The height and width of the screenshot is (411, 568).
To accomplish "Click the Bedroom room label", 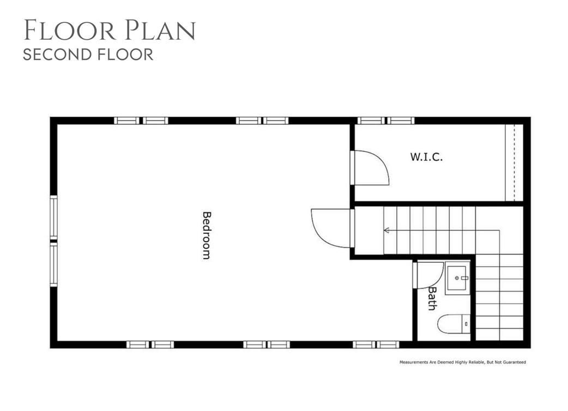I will pyautogui.click(x=206, y=235).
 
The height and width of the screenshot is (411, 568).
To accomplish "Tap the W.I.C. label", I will pyautogui.click(x=426, y=157).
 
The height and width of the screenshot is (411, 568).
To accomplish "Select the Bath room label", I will pyautogui.click(x=431, y=299).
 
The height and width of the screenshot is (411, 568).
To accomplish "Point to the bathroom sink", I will pyautogui.click(x=457, y=278).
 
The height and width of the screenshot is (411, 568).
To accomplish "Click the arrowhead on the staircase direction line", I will pyautogui.click(x=386, y=231).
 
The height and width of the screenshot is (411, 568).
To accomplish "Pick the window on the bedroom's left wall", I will pyautogui.click(x=53, y=241).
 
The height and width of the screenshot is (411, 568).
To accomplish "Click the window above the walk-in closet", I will pyautogui.click(x=386, y=120).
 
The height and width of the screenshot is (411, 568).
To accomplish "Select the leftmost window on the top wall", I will pyautogui.click(x=141, y=120).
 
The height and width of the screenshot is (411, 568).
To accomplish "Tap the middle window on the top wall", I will pyautogui.click(x=262, y=120).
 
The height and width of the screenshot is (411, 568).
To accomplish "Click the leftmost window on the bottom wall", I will pyautogui.click(x=150, y=344).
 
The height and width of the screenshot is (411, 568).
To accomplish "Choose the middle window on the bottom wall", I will pyautogui.click(x=267, y=344).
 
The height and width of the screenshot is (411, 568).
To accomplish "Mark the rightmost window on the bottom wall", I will pyautogui.click(x=376, y=344).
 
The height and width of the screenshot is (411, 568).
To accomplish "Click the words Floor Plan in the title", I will pyautogui.click(x=109, y=31).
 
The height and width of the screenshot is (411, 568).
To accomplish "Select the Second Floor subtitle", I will pyautogui.click(x=88, y=55).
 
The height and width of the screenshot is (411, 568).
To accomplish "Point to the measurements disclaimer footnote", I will pyautogui.click(x=462, y=362).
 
